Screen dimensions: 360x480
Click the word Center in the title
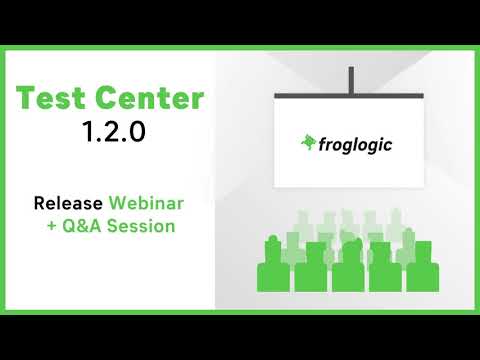(151, 99)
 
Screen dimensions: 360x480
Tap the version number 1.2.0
(110, 132)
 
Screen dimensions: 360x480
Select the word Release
(68, 203)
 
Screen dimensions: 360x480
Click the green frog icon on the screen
(308, 143)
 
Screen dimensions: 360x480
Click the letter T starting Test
(25, 99)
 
